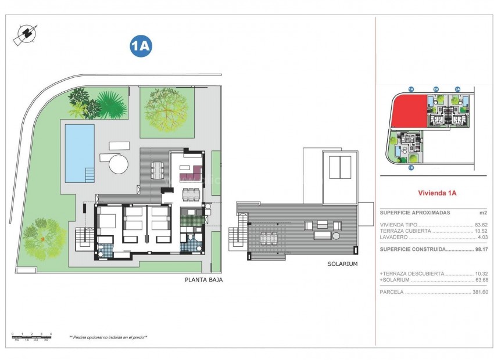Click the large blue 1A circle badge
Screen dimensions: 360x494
141,46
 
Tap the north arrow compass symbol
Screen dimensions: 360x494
24,34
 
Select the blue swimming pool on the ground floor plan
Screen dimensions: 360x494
79,153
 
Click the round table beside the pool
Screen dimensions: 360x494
119,163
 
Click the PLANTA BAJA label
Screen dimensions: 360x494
203,279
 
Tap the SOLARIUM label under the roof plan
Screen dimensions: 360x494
342,264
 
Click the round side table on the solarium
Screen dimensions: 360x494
336,235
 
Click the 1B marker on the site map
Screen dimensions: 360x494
410,168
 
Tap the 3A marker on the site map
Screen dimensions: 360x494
457,89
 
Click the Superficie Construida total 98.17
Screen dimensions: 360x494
481,249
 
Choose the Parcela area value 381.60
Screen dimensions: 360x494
479,292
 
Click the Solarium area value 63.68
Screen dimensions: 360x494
481,280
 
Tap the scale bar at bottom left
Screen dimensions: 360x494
32,336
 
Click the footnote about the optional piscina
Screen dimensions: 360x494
108,337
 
